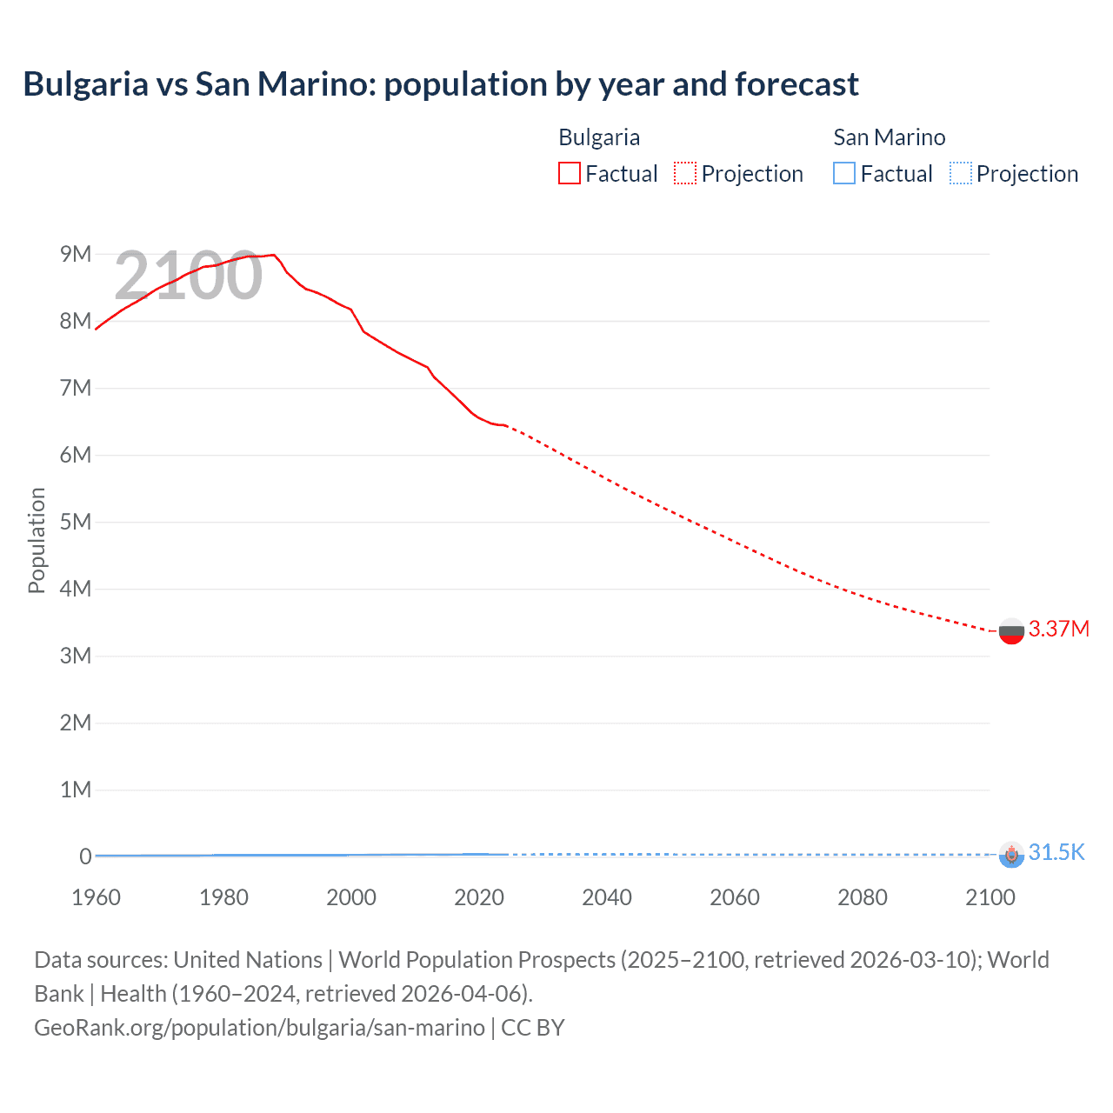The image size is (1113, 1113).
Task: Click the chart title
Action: point(440,84)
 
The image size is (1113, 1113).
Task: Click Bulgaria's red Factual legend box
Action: point(569,173)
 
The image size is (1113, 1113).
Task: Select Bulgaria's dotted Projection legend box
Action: point(685,173)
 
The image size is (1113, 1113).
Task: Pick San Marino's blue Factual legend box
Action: point(844,173)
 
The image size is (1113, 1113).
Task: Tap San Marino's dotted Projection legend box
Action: point(960,173)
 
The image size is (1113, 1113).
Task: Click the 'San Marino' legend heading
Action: point(889,137)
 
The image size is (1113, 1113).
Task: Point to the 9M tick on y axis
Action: point(76,254)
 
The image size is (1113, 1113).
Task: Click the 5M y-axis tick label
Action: point(76,522)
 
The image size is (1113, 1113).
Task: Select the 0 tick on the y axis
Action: point(85,856)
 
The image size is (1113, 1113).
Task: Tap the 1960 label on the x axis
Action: point(96,897)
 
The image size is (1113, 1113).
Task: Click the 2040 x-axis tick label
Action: point(606,897)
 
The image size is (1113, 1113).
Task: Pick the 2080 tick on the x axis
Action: point(862,897)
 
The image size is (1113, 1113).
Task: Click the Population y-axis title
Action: point(37,540)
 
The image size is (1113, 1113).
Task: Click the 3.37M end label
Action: point(1058,629)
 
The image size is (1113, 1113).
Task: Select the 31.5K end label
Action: point(1056,852)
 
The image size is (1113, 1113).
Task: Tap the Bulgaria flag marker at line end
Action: point(1010,631)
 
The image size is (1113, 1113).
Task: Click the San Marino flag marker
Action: point(1010,855)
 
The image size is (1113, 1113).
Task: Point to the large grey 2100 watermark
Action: point(188,276)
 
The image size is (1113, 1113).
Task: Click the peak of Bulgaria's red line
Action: point(274,255)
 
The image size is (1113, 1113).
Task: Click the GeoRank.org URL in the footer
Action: point(259,1028)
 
